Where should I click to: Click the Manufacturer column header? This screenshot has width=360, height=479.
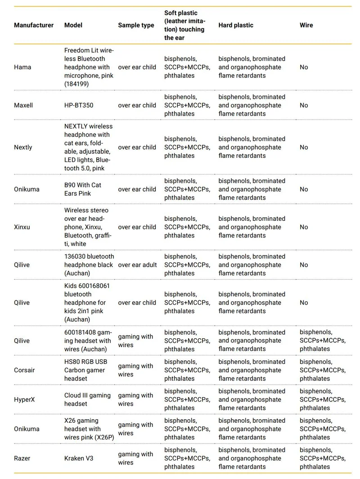point(34,25)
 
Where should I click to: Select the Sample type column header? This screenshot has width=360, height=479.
point(136,25)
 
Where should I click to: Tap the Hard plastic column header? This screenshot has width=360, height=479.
point(236,25)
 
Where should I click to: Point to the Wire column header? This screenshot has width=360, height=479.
point(306,25)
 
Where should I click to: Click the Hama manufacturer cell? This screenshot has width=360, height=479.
point(22,67)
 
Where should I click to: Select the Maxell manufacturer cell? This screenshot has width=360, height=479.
point(23,105)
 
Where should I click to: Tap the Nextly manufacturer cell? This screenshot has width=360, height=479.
point(23,147)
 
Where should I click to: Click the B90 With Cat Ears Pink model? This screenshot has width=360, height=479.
point(83,189)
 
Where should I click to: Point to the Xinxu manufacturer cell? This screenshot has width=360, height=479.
point(22,227)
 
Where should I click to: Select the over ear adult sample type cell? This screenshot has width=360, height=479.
point(137,265)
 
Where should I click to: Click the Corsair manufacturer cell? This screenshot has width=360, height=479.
point(24,370)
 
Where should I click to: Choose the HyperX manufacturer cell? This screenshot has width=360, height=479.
point(24,399)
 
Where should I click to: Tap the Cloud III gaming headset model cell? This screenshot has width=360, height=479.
point(87,399)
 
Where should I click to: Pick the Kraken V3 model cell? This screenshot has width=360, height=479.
point(80,458)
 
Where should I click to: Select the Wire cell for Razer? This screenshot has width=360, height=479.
point(323,458)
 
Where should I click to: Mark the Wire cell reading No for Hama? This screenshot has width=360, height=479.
point(304,67)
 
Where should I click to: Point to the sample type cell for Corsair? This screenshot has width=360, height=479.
point(135,370)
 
